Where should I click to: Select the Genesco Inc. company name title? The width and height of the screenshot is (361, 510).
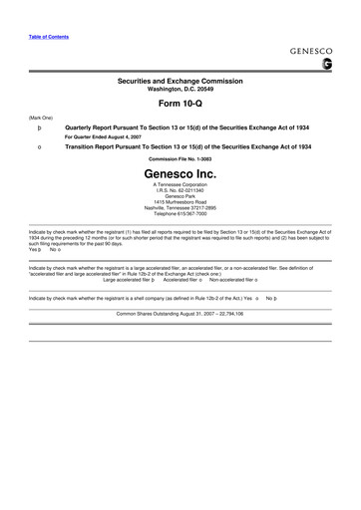click(180, 172)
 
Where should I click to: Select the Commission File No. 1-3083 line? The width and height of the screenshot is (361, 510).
click(180, 158)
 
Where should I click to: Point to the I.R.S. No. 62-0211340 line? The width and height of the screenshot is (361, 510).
click(180, 191)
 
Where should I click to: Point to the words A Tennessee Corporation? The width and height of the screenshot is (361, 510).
click(180, 185)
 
